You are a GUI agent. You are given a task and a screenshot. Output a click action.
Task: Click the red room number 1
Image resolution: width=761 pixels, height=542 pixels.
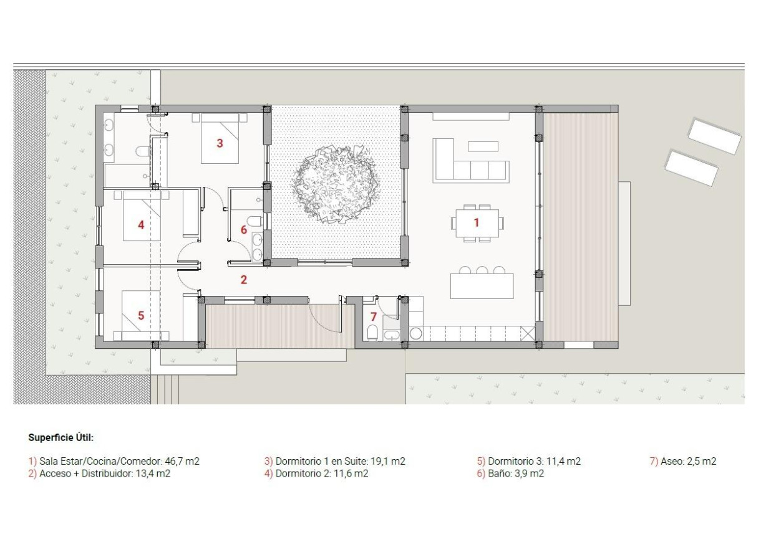tap(477, 222)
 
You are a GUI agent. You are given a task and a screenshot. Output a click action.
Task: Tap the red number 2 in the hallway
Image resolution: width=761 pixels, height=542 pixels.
tap(244, 280)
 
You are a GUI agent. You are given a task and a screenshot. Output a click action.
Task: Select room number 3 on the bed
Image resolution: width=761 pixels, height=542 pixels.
tap(220, 143)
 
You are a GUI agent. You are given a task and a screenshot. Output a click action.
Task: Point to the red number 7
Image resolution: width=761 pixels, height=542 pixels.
tap(374, 316)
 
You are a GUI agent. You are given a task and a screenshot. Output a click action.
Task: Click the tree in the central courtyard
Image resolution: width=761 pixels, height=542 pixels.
tap(335, 184)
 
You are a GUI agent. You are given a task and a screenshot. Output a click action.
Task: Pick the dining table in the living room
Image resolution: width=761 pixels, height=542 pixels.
tap(477, 222)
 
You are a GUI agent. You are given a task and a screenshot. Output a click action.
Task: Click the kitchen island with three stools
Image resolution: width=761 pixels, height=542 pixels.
tap(482, 286)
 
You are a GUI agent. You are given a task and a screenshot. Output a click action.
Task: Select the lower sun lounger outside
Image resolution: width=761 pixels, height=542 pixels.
tap(691, 167)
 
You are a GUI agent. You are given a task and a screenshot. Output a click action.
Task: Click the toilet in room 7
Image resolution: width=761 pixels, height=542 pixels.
tap(372, 332)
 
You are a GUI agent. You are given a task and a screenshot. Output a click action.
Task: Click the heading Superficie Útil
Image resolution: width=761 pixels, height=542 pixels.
tap(61, 438)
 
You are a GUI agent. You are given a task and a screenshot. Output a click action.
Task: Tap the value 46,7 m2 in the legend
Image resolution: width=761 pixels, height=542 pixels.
tap(182, 462)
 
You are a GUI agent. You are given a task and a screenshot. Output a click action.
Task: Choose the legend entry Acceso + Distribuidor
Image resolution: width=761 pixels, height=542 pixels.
tap(104, 473)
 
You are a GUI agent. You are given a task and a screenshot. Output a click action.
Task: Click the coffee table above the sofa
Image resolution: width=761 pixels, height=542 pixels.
tap(483, 146)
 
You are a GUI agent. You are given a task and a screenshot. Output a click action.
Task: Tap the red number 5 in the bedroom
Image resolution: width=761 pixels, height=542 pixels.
tap(141, 316)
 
